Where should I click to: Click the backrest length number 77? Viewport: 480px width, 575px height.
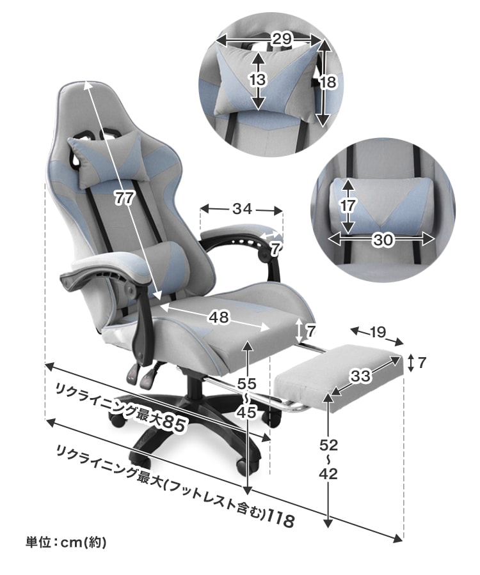pos(124,199)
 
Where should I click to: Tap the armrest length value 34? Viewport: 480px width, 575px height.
pos(242,209)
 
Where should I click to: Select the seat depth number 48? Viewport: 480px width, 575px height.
pos(219,317)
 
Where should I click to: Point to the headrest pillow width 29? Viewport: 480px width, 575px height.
pos(282,38)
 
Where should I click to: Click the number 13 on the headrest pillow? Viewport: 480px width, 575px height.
pos(257,80)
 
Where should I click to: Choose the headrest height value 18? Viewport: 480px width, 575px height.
pos(328,82)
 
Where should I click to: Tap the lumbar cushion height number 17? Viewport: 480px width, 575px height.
pos(347,206)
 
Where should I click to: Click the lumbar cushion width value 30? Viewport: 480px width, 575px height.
pos(383,240)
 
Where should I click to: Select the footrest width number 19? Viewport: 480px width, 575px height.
pos(377,332)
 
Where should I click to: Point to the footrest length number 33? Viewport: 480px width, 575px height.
pos(361,376)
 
